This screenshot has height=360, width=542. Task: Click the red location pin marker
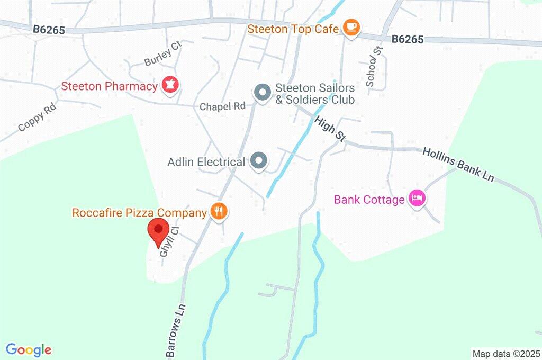point(158,231)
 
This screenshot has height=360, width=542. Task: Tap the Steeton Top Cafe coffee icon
point(350,28)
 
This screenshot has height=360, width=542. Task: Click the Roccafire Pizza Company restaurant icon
point(218,212)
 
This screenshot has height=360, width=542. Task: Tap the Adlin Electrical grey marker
point(259,160)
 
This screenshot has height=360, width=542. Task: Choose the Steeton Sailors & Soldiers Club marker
point(262,93)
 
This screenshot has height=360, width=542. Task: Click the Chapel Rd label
point(222,106)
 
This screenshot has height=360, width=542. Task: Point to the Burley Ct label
point(163,55)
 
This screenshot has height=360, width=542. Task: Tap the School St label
point(374,66)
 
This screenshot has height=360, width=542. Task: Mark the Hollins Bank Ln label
point(458,165)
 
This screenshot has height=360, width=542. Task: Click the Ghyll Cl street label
point(169,243)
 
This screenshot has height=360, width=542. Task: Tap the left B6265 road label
point(49,30)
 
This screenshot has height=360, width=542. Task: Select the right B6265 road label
point(408,39)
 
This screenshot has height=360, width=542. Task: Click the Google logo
point(29,349)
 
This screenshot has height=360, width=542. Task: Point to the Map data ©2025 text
point(506,353)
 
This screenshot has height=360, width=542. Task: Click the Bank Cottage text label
point(369,200)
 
